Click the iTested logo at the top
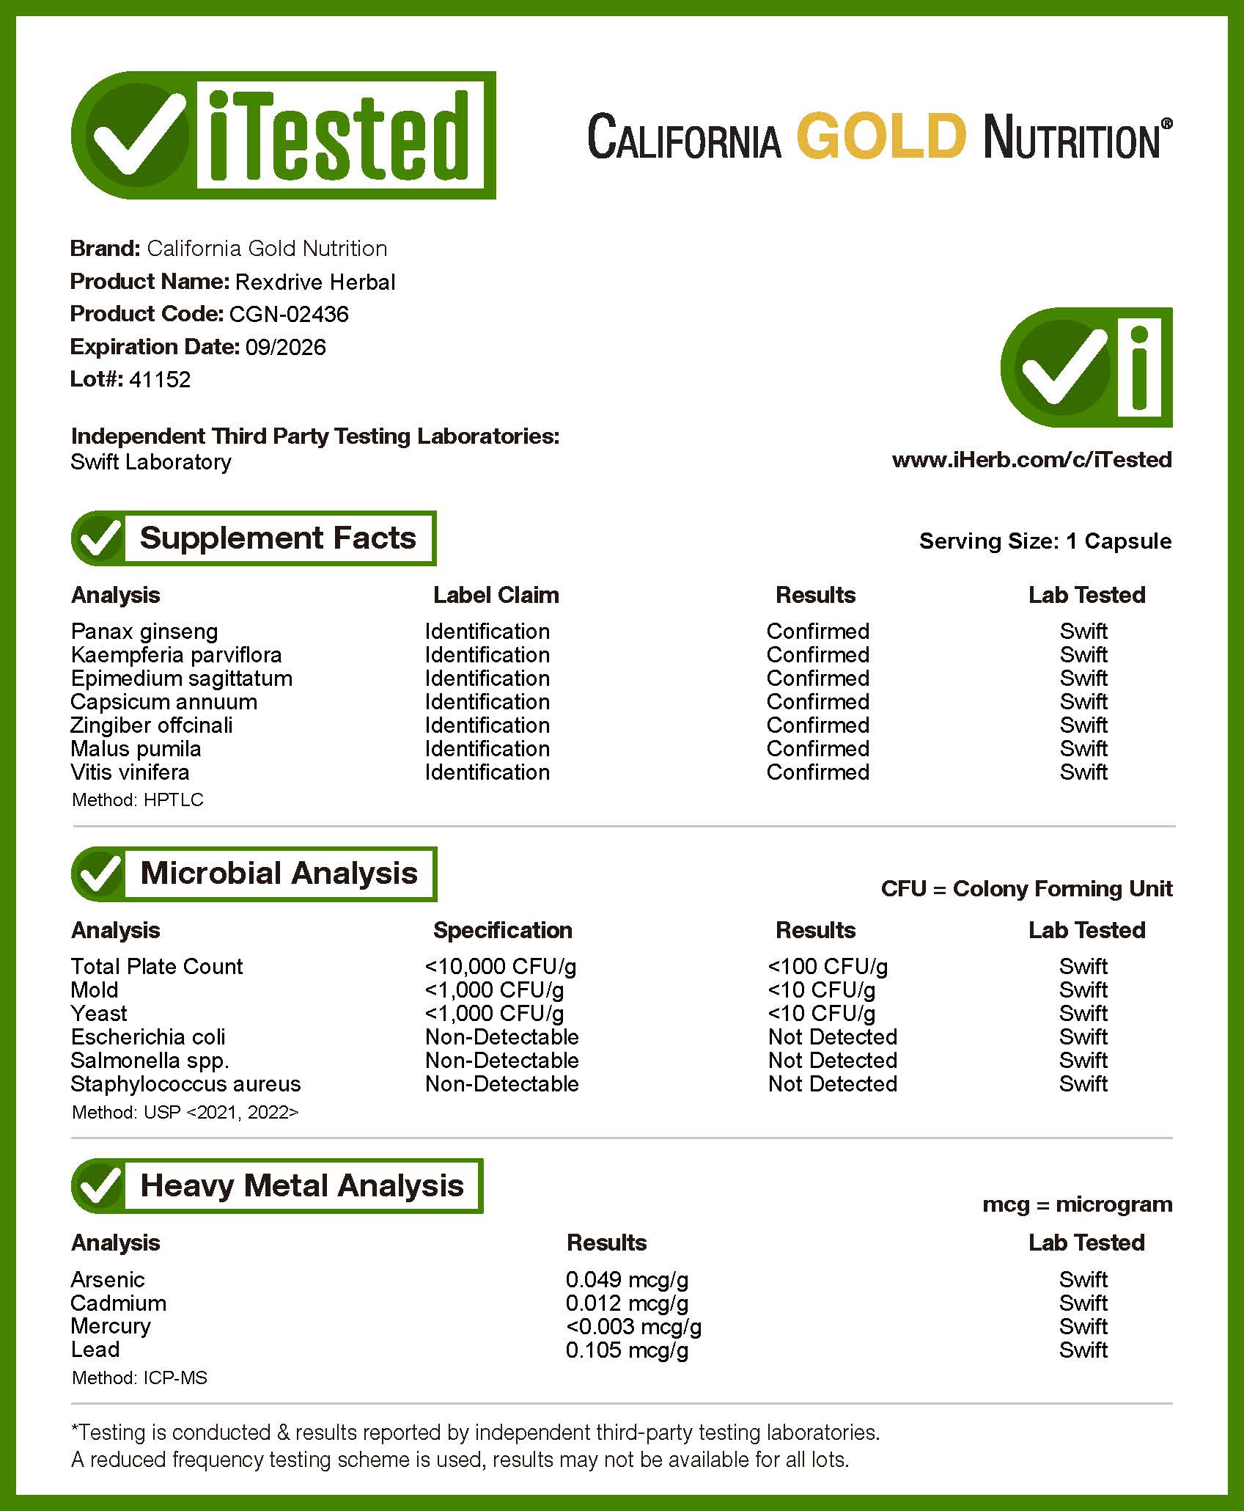(283, 135)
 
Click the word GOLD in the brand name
(880, 136)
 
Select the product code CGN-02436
(289, 314)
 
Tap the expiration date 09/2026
(285, 347)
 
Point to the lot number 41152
(160, 379)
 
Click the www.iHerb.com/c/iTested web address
(1031, 460)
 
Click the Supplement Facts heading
(278, 538)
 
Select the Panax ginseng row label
(144, 632)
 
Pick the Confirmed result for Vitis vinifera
(817, 772)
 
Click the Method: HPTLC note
(138, 800)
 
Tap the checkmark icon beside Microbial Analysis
(99, 874)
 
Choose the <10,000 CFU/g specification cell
(501, 967)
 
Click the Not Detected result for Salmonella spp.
(832, 1061)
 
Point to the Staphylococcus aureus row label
(185, 1084)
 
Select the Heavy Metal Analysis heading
(301, 1186)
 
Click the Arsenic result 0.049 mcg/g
(627, 1280)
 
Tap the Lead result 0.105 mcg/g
(627, 1350)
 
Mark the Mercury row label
(111, 1326)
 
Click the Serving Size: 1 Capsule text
(1045, 541)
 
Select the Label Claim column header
(496, 595)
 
